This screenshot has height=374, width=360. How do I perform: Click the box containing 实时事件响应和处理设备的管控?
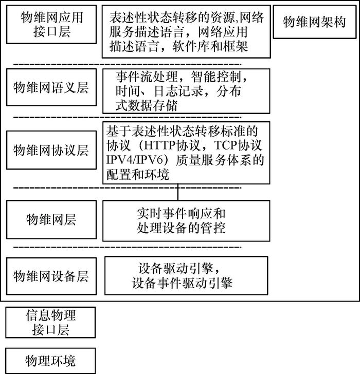(186, 220)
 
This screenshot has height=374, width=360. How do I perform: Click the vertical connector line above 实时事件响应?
(178, 191)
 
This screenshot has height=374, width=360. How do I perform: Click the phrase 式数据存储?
(147, 105)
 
